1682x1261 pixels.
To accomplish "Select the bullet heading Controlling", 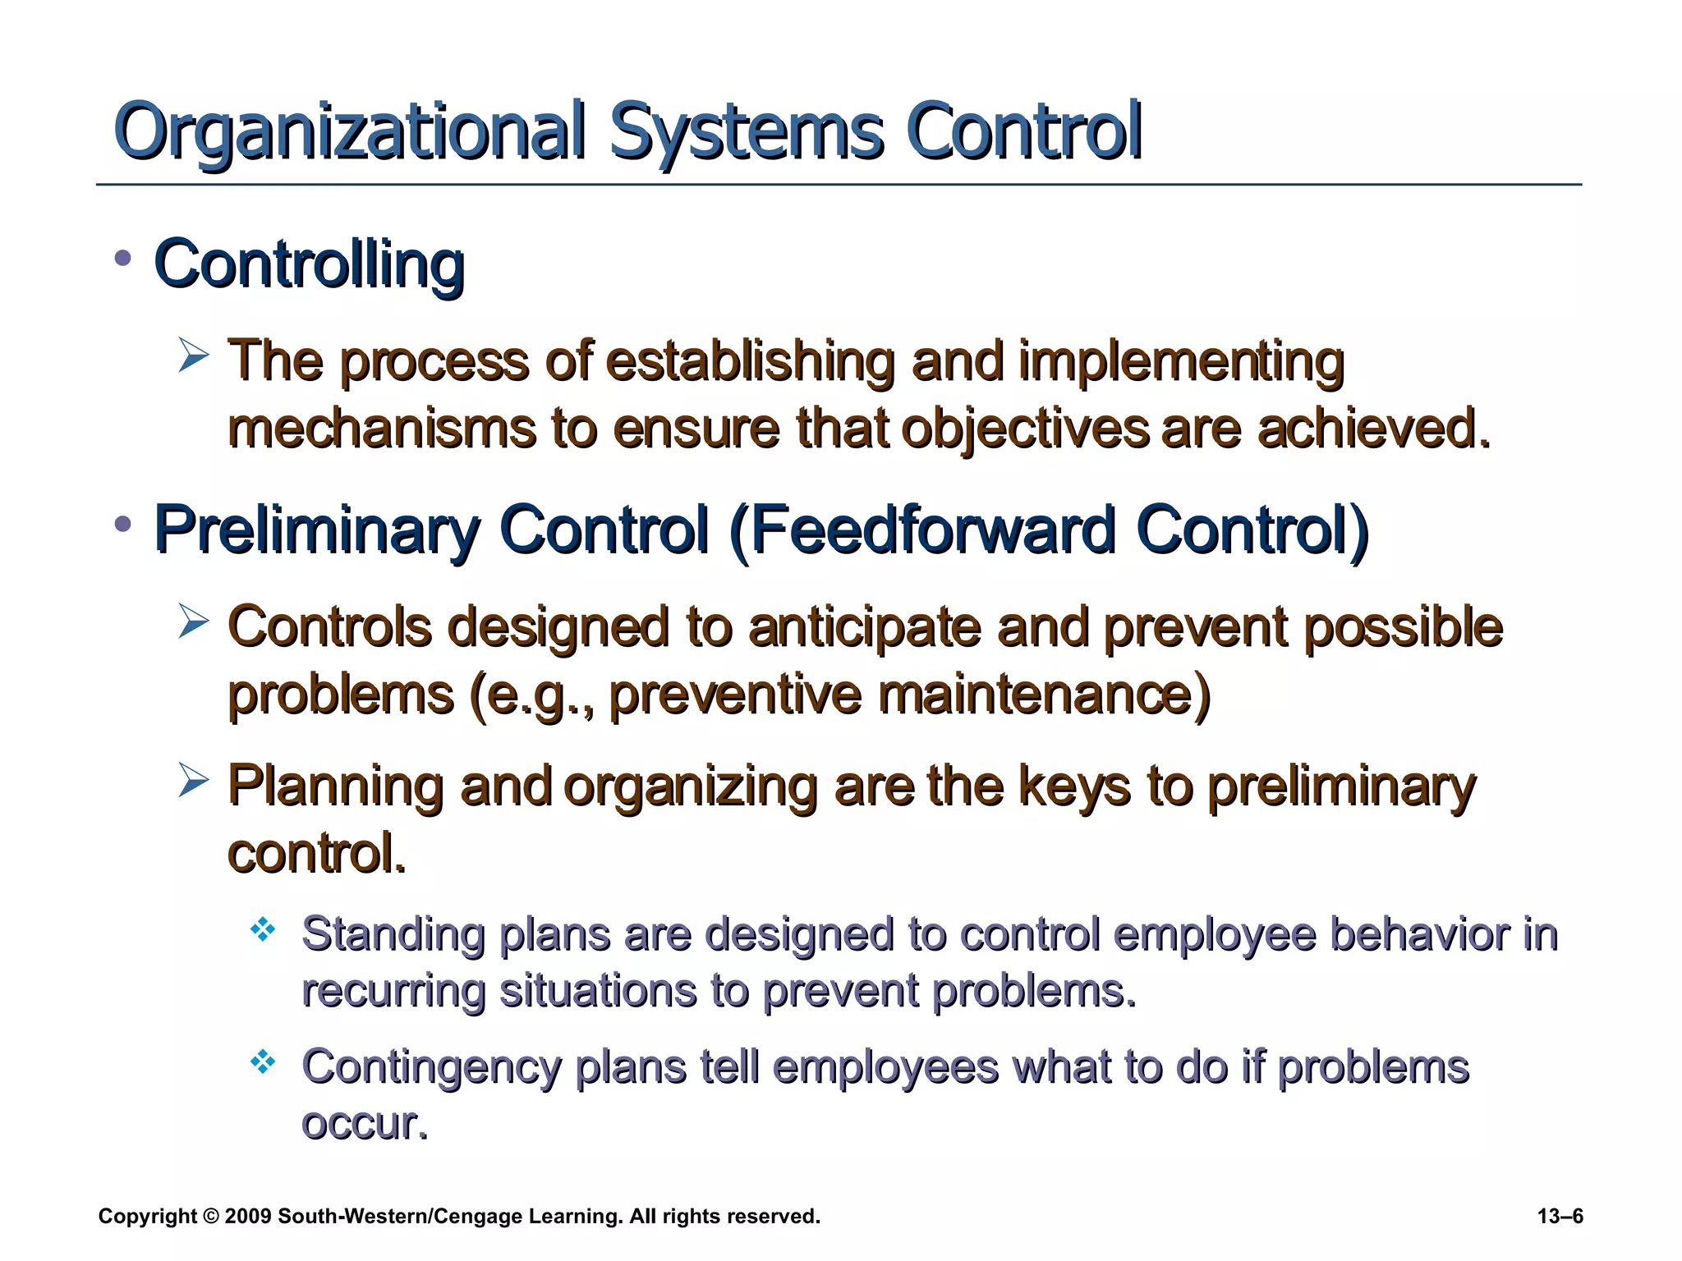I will coord(310,265).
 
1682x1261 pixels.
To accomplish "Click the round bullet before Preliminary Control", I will coord(123,523).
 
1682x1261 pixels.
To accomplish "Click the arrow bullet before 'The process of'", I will coord(194,358).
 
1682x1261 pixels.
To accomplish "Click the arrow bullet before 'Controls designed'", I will coord(194,622).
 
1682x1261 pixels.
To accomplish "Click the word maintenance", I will coord(1043,695).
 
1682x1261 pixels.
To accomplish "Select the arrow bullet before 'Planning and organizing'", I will coord(194,782).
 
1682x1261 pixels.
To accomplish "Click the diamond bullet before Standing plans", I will coord(262,930).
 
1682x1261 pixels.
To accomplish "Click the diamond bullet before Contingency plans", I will coord(262,1062).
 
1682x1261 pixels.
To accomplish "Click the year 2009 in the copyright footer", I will coord(247,1217).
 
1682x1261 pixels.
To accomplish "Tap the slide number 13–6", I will coord(1560,1217).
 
